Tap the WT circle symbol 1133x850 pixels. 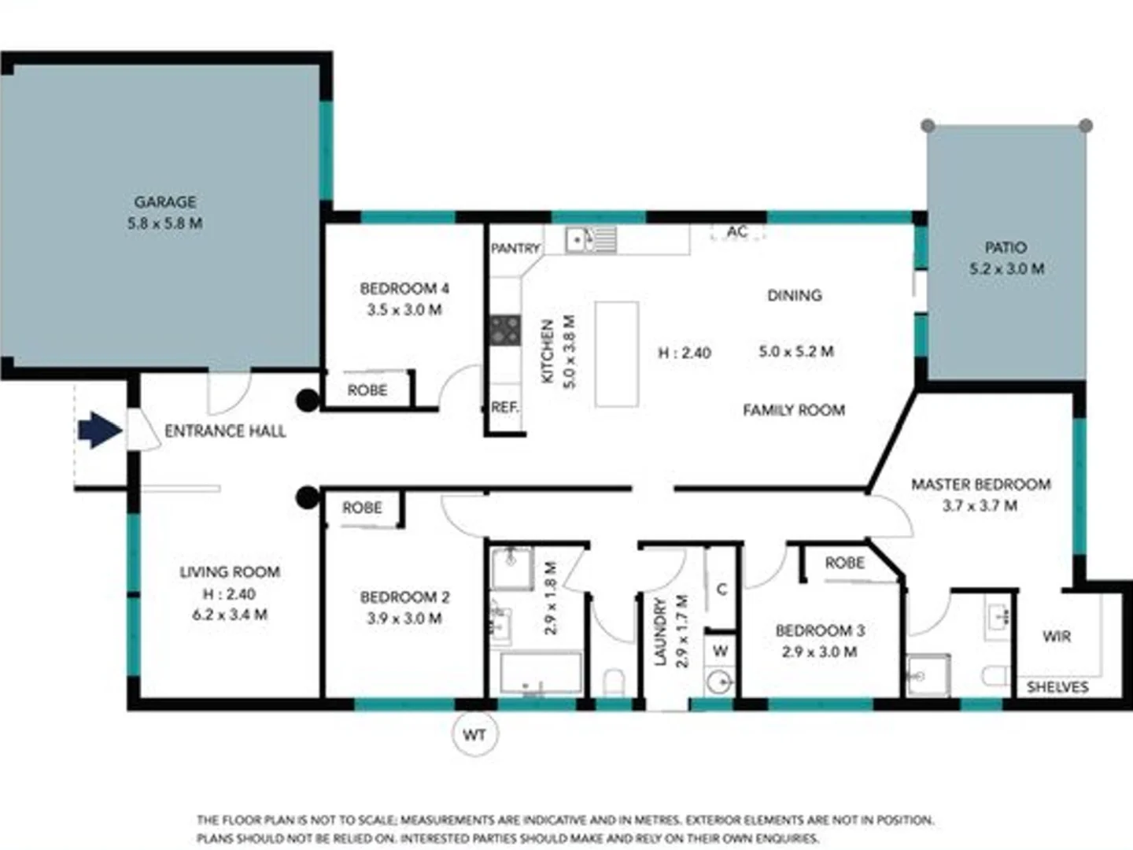[474, 735]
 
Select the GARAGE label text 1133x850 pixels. [164, 201]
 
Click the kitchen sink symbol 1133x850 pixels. [591, 238]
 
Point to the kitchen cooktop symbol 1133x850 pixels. [505, 330]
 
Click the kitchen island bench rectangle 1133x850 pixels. [616, 353]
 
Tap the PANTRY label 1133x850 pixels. [515, 248]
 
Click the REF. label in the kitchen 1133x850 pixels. [504, 407]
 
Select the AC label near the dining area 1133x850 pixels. [737, 231]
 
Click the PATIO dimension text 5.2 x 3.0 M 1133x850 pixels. [1006, 268]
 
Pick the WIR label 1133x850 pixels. [1056, 636]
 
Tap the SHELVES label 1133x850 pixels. [1057, 687]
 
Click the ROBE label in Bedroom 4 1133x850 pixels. [367, 390]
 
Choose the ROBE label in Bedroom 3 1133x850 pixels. [844, 563]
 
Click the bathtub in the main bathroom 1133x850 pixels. [541, 673]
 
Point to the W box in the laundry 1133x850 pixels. [720, 650]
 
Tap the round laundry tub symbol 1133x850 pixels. [718, 682]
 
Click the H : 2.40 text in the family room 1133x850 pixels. [685, 353]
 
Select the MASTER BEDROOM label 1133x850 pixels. [980, 484]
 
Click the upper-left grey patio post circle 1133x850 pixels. [928, 126]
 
